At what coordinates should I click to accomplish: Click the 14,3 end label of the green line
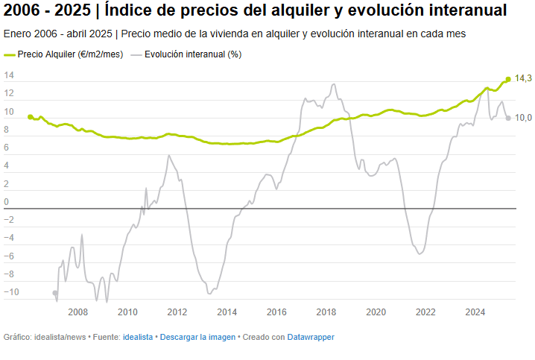click(x=523, y=78)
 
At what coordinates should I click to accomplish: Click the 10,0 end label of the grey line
click(x=523, y=118)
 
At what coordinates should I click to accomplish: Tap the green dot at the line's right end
click(x=508, y=79)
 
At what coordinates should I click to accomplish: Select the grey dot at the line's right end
click(x=508, y=118)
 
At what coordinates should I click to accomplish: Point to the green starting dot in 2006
click(x=30, y=117)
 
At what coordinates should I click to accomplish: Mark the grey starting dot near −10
click(x=54, y=293)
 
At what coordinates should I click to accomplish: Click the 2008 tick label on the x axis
click(x=77, y=312)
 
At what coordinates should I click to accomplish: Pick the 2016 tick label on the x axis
click(x=276, y=312)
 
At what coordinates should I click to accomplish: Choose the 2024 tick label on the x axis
click(x=475, y=312)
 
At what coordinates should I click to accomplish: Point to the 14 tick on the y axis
click(x=10, y=75)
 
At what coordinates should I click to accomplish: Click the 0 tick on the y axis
click(x=7, y=201)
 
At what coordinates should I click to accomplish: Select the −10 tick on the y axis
click(x=11, y=291)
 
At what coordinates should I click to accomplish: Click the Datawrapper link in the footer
click(x=311, y=337)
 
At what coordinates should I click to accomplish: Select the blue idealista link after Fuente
click(x=138, y=337)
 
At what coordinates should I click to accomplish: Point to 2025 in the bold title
click(x=72, y=12)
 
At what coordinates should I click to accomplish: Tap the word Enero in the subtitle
click(x=17, y=34)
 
